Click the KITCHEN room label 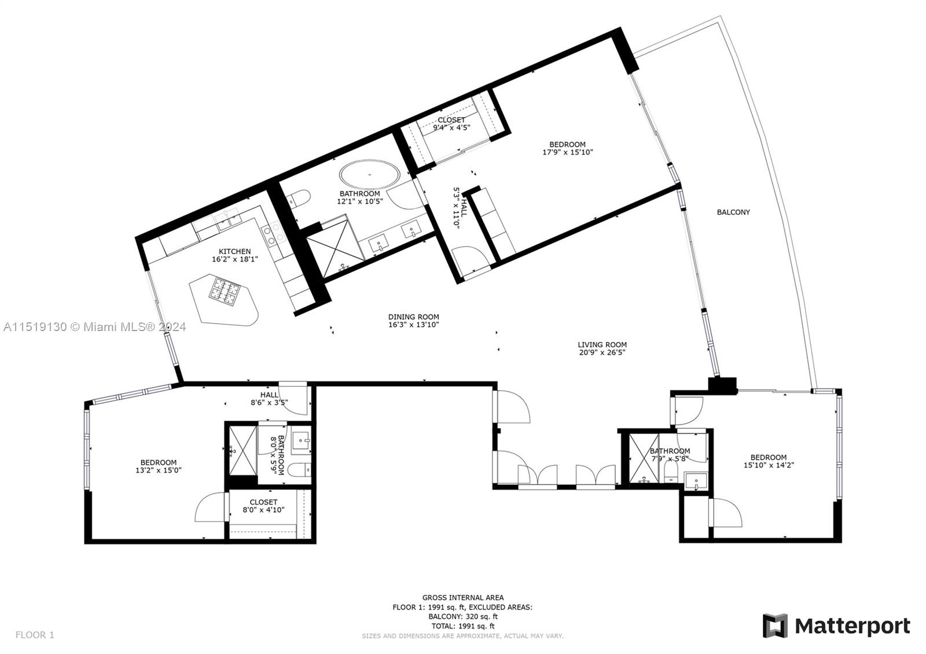coord(234,251)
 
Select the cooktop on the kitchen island coord(224,291)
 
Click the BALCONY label coord(733,212)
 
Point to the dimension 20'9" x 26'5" coord(602,352)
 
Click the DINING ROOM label coord(413,317)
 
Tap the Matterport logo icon coord(775,626)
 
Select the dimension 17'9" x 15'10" coord(567,152)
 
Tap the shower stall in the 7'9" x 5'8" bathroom coord(644,458)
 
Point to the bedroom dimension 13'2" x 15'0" coord(158,471)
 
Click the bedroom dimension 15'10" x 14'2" coord(768,465)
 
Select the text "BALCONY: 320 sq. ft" coord(462,616)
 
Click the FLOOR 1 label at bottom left coord(35,635)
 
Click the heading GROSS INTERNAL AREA coord(462,597)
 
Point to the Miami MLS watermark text coord(94,327)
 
